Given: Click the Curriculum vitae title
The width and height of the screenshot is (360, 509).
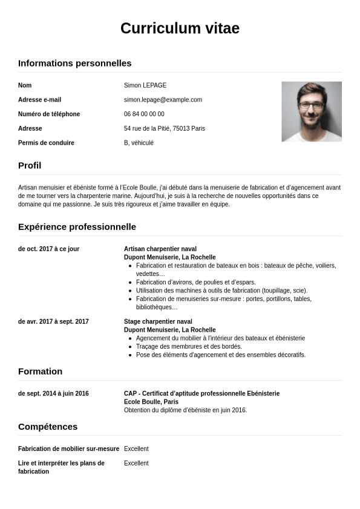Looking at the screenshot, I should click(x=180, y=28).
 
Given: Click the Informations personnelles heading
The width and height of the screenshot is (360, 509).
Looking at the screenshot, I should click(x=74, y=63).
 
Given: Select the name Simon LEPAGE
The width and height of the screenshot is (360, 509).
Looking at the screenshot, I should click(x=145, y=85).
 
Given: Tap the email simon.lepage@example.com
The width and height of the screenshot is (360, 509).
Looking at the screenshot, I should click(x=163, y=100).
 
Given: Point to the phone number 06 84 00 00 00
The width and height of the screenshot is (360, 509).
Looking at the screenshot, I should click(x=144, y=114).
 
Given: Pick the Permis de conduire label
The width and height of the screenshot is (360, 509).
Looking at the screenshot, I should click(x=46, y=143).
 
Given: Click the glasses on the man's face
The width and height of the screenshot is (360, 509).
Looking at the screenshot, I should click(x=311, y=105).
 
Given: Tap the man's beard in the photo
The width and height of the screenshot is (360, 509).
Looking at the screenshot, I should click(x=311, y=117).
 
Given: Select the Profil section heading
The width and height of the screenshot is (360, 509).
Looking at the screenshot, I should click(x=30, y=165).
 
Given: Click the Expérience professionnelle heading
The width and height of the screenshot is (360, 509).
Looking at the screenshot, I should click(x=77, y=226).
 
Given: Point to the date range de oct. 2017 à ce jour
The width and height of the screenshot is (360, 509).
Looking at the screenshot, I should click(x=48, y=249).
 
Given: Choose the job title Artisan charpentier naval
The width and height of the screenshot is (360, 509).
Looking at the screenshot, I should click(x=160, y=249).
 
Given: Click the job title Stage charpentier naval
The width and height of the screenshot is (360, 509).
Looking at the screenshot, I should click(x=158, y=321).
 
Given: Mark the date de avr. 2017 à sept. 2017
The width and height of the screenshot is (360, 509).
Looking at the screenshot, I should click(x=53, y=321).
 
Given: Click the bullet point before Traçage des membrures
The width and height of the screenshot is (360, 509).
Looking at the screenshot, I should click(x=130, y=347).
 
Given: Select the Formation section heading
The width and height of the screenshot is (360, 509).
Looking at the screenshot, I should click(x=40, y=371).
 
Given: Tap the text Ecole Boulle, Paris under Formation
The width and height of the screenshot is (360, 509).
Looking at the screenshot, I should click(x=151, y=402).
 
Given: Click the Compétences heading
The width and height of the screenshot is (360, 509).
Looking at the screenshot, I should click(x=48, y=426).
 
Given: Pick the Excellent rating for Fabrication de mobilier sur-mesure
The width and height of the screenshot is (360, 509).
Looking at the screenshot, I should click(x=136, y=448).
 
